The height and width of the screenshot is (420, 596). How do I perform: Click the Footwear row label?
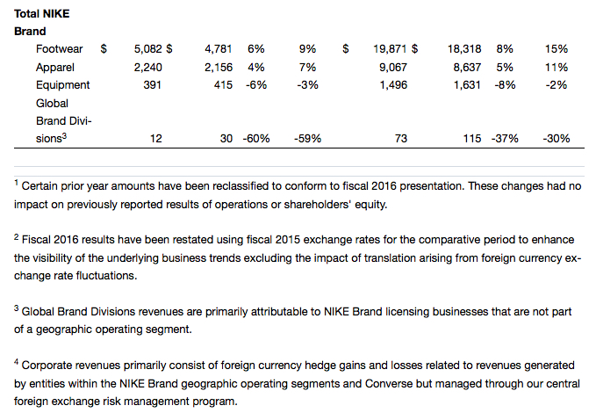[60, 49]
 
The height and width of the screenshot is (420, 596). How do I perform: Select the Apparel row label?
[55, 67]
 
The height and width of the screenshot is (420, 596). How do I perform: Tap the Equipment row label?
[62, 85]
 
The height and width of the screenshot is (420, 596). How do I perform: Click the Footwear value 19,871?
[390, 49]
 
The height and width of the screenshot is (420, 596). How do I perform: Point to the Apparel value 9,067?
[393, 67]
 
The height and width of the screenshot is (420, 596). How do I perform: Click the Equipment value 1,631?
[470, 85]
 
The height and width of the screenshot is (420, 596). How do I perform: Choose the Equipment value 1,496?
[393, 85]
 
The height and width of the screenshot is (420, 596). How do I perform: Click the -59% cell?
[308, 139]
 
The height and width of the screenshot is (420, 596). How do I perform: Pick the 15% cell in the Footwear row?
[556, 49]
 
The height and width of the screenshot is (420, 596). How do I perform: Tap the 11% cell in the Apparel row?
[556, 67]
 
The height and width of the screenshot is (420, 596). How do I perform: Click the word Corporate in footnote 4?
[50, 365]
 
